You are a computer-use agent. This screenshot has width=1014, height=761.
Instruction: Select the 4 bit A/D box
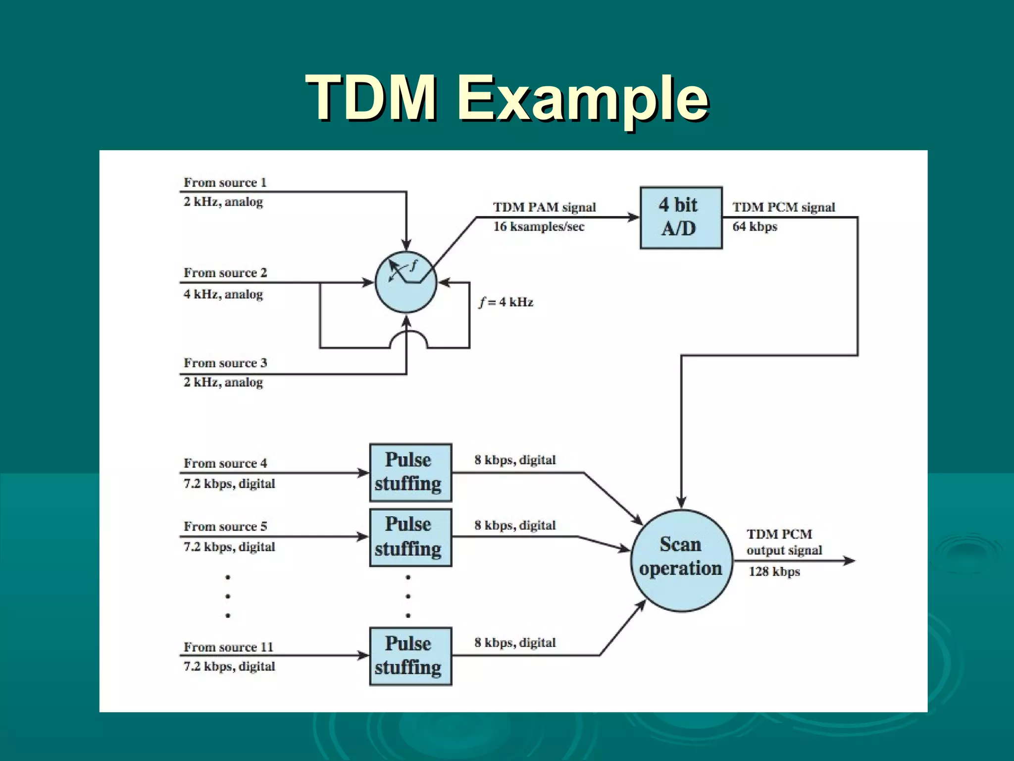(x=681, y=217)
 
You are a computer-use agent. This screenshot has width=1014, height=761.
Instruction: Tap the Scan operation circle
(x=681, y=560)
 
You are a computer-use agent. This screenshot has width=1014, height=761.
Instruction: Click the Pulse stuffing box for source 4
(x=410, y=472)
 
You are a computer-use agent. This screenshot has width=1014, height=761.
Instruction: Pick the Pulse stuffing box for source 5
(x=410, y=537)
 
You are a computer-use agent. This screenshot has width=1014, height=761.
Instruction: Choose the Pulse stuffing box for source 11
(x=410, y=656)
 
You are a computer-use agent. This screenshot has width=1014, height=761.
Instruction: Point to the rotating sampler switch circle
(x=406, y=282)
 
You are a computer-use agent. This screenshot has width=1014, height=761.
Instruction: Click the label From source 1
(x=225, y=182)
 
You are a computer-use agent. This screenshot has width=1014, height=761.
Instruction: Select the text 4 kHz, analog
(x=223, y=294)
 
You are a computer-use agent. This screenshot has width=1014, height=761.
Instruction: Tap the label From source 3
(x=225, y=363)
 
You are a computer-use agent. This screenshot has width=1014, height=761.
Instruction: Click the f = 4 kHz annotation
(x=506, y=302)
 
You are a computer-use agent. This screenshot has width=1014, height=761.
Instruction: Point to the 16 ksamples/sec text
(x=539, y=226)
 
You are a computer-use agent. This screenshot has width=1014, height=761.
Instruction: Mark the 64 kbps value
(x=755, y=226)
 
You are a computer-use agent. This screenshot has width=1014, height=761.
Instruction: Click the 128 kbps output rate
(x=774, y=571)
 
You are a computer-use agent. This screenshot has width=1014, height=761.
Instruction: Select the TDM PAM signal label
(x=544, y=207)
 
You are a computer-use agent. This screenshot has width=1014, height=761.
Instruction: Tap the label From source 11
(x=228, y=647)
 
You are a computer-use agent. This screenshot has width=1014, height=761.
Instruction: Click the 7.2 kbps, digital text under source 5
(x=229, y=546)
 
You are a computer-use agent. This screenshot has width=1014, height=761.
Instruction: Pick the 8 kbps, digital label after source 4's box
(x=515, y=460)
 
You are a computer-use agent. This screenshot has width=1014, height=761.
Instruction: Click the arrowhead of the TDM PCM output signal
(x=849, y=560)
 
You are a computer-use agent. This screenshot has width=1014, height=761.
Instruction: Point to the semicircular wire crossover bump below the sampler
(x=408, y=339)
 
